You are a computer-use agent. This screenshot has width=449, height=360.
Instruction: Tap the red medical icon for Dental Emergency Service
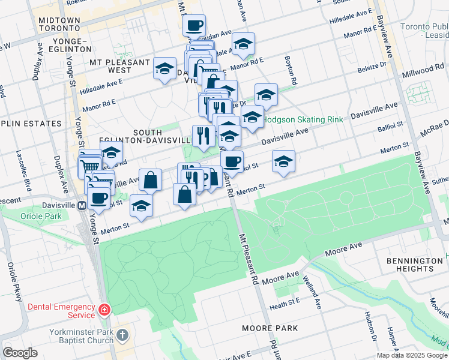click(x=105, y=310)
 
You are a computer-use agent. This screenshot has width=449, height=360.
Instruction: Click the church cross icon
click(x=123, y=335)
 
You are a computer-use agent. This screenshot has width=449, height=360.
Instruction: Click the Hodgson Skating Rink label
click(x=303, y=119)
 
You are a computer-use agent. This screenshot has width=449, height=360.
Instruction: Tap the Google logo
click(x=20, y=352)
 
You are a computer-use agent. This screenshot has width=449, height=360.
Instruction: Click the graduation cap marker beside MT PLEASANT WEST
click(x=164, y=68)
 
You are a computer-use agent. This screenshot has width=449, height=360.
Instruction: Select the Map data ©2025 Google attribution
click(x=411, y=355)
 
